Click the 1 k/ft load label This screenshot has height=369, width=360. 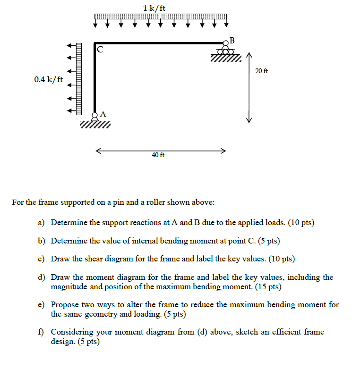tap(154, 8)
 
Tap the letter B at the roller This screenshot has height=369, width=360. tap(231, 38)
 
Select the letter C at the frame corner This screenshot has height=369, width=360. tap(100, 49)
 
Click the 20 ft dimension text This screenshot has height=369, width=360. tap(261, 71)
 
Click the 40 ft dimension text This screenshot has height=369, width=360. tap(158, 155)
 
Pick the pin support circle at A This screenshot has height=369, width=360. tap(95, 115)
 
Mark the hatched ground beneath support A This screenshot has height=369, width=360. tap(95, 125)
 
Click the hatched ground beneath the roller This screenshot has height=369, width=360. tap(226, 59)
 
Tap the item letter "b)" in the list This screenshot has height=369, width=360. tap(42, 241)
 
